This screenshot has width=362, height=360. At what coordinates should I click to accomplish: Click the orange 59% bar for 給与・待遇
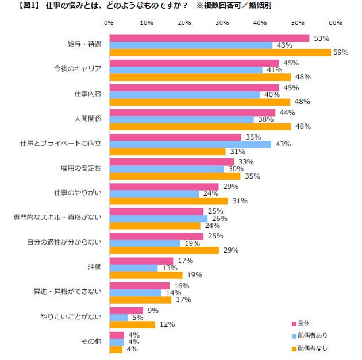[220, 52]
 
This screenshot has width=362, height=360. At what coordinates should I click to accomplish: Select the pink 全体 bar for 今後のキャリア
[194, 63]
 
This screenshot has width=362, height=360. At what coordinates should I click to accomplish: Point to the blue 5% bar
[118, 317]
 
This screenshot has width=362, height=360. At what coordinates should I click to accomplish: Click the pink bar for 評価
[141, 261]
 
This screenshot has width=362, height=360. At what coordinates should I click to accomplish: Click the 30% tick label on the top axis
[222, 23]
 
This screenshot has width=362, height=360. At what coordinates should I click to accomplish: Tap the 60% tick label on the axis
[336, 23]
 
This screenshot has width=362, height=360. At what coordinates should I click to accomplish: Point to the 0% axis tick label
[109, 23]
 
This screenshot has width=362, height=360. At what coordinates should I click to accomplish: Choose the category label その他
[92, 341]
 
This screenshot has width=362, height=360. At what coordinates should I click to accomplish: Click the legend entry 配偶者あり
[312, 335]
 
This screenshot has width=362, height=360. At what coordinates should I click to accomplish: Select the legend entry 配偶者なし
[312, 347]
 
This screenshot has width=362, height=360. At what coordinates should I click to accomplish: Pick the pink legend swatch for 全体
[293, 323]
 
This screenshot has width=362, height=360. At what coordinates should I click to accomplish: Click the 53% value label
[321, 38]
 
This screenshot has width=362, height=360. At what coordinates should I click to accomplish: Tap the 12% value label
[167, 325]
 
